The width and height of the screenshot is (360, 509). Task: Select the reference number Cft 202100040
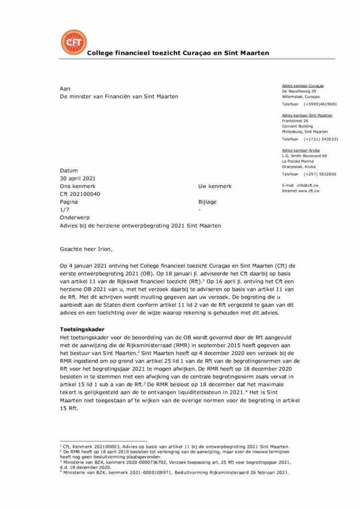(x=80, y=194)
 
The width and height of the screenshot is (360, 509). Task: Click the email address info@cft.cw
(x=308, y=185)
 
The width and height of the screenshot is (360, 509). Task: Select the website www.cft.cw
(x=309, y=191)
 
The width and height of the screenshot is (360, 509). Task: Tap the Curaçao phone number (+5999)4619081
(x=320, y=104)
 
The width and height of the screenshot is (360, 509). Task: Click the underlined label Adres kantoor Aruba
(x=301, y=150)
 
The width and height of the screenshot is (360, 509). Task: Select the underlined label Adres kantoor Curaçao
(x=303, y=85)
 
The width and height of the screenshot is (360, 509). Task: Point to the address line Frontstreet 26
(x=295, y=121)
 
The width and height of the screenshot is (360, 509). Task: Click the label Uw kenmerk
(x=215, y=186)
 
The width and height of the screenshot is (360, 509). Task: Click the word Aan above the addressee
(x=65, y=88)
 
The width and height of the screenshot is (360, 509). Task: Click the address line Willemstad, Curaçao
(x=301, y=96)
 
